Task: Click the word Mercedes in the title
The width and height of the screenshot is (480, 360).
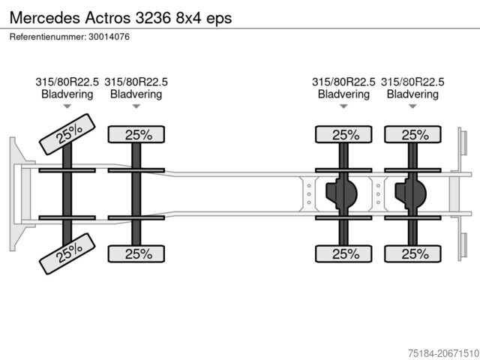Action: pos(45,18)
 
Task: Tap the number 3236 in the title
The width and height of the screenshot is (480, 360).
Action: pos(153,18)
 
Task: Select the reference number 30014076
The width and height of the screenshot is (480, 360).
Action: pos(109,37)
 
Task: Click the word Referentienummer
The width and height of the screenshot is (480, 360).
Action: pos(48,37)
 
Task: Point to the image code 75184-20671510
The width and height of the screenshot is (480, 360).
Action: pos(443,353)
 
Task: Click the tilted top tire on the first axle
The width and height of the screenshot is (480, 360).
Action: pos(67,134)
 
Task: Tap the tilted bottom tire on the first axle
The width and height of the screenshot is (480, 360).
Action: pos(67,253)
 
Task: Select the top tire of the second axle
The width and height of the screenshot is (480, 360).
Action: pos(136,134)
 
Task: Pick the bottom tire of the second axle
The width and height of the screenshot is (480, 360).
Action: pos(136,253)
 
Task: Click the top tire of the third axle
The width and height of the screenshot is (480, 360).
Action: pos(343,134)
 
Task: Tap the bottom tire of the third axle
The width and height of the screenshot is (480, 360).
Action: pos(343,253)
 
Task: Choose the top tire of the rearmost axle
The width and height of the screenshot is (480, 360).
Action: pos(412,134)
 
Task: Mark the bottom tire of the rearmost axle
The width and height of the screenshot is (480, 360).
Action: pos(412,253)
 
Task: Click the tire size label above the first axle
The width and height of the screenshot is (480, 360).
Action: pos(67,82)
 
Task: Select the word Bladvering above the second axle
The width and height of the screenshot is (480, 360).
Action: pos(136,94)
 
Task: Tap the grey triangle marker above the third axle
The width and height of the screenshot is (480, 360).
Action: pos(343,106)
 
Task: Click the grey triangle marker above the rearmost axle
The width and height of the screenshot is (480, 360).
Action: pos(412,106)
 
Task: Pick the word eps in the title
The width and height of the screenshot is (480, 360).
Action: pos(219,19)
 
